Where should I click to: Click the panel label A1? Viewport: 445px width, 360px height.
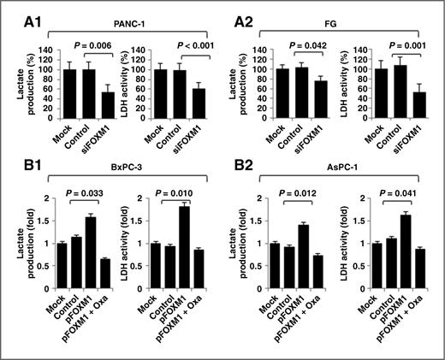pyautogui.click(x=18, y=12)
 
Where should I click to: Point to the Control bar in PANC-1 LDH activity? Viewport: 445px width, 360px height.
pyautogui.click(x=180, y=96)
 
